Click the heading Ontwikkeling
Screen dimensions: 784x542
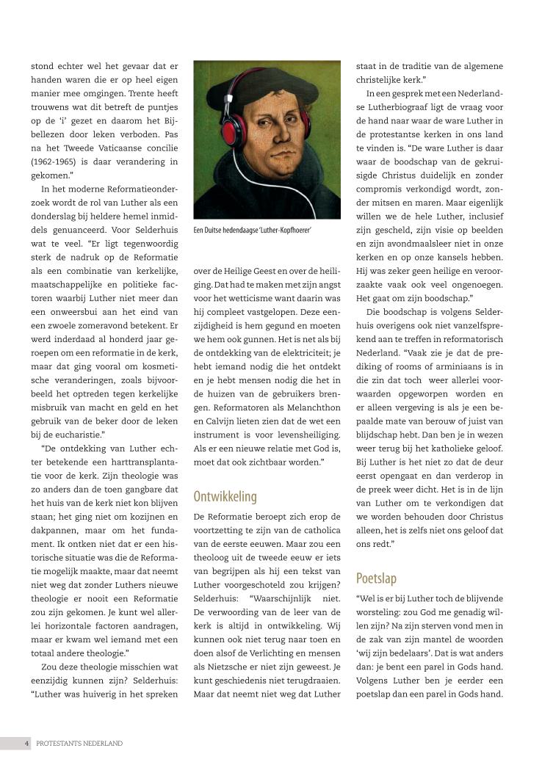(x=225, y=496)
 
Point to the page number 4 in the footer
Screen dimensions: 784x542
(x=26, y=743)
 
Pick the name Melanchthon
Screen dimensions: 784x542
(x=306, y=407)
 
